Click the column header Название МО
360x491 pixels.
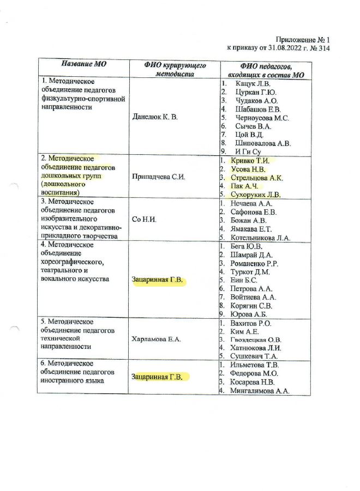tap(83, 64)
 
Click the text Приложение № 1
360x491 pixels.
tap(303, 39)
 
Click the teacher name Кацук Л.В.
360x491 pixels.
tap(253, 84)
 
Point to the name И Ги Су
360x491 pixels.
tap(249, 151)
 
